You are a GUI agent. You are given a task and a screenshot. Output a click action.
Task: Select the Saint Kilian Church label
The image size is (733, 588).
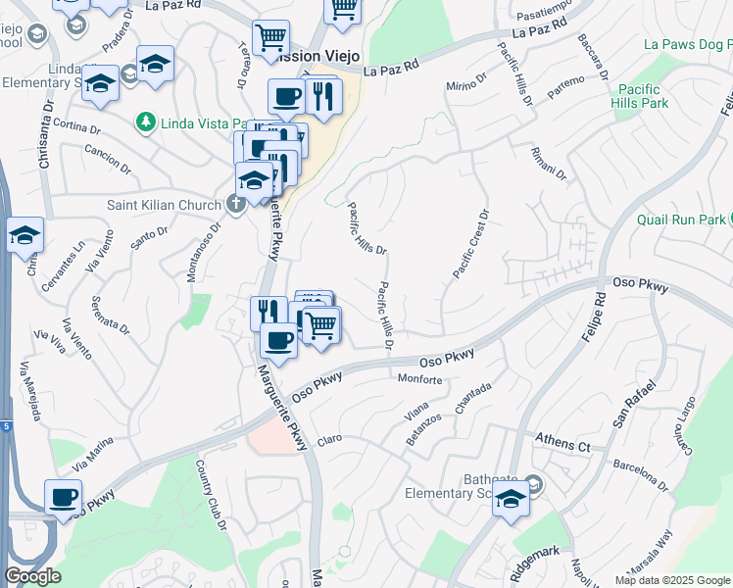pos(164,206)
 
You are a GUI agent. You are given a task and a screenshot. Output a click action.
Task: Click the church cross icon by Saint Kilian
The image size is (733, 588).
pos(235,205)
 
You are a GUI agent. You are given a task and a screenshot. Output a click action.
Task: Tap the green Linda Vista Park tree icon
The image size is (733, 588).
pos(146,122)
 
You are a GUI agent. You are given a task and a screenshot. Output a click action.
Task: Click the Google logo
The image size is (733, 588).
pos(32,576)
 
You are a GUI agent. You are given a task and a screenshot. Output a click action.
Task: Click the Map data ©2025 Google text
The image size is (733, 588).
pos(672,580)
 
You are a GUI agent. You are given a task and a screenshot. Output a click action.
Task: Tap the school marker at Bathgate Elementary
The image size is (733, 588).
pos(511,500)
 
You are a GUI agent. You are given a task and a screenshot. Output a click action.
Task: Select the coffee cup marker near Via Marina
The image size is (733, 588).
pos(65,498)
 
